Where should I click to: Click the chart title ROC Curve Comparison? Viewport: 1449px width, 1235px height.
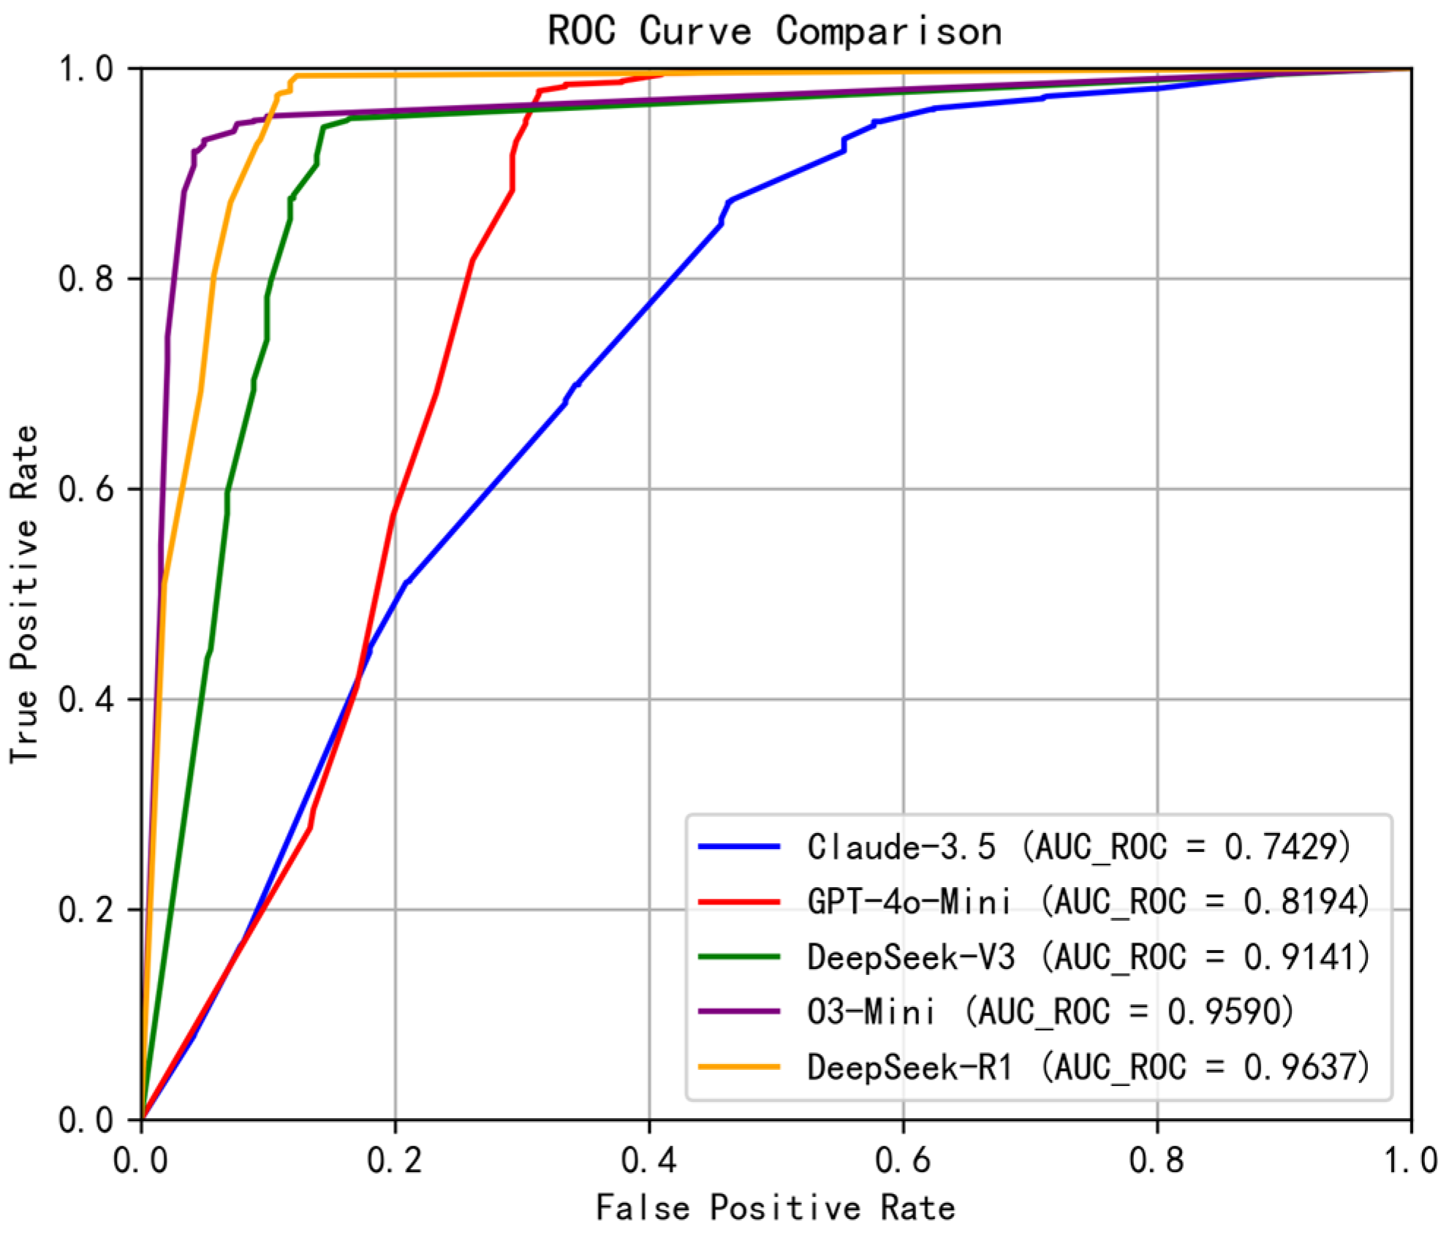775,32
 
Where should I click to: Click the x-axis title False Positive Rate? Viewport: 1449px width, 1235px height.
775,1207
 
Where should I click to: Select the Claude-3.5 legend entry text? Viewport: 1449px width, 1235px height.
1079,847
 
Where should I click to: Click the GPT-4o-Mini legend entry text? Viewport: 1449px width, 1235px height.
1089,902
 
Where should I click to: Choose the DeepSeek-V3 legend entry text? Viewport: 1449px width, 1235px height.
1089,957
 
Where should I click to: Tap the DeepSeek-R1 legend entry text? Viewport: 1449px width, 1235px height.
1089,1068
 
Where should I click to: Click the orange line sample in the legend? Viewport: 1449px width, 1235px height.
739,1068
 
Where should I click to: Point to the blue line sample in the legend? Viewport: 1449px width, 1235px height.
739,847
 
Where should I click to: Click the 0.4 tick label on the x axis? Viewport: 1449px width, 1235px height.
649,1161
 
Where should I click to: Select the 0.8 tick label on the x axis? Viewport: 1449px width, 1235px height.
1157,1161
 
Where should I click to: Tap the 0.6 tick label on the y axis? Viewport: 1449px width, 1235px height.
86,489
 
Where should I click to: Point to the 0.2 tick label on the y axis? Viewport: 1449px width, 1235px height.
86,910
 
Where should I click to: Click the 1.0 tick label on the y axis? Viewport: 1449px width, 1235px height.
86,69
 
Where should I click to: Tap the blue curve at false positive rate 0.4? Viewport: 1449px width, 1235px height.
649,303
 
